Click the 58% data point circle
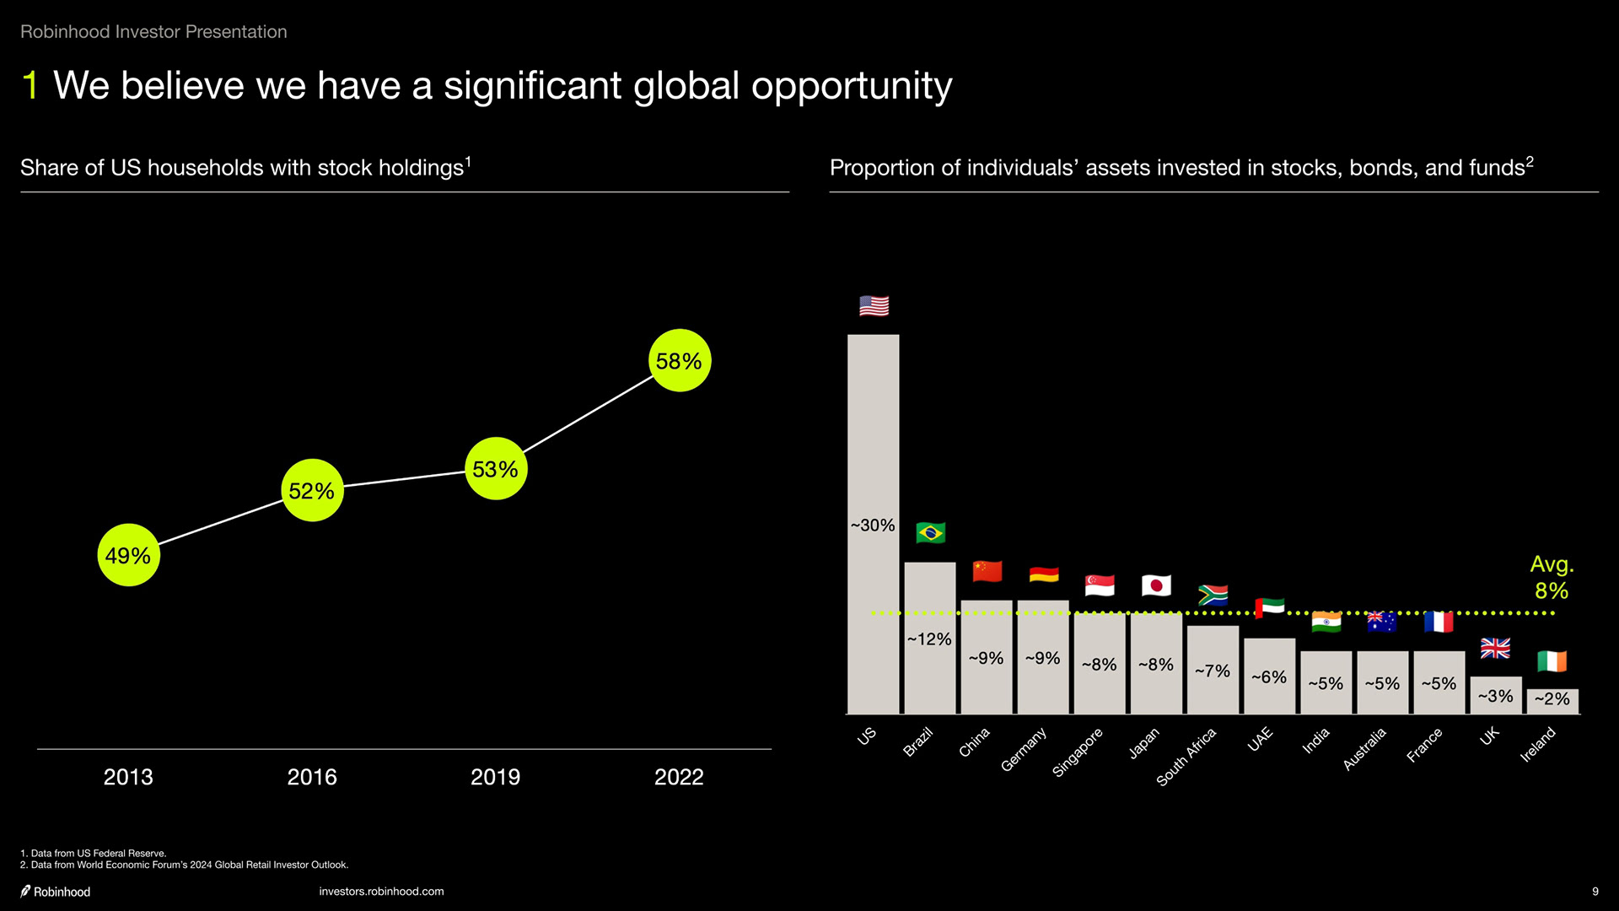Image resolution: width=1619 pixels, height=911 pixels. (680, 361)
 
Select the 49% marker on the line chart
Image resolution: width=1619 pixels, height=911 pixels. (128, 555)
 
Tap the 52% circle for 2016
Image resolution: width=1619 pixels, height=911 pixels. (312, 490)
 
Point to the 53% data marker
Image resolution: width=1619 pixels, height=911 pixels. (496, 469)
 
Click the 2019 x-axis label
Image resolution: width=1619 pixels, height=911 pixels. (495, 777)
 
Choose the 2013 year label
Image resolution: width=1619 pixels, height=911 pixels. (128, 777)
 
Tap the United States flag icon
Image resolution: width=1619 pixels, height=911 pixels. (874, 305)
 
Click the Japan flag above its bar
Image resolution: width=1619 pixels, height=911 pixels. (1156, 585)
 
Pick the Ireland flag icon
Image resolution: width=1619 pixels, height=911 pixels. (1552, 661)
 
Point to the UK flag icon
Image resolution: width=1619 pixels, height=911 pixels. (1495, 648)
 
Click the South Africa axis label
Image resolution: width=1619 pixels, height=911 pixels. (1186, 757)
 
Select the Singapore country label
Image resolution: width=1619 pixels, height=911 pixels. (1078, 752)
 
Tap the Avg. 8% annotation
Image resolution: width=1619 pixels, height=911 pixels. (1552, 577)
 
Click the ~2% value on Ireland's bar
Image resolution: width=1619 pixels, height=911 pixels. (1552, 699)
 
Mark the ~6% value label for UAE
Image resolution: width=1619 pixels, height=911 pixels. (1269, 677)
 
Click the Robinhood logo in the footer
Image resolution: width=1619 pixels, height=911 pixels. (56, 892)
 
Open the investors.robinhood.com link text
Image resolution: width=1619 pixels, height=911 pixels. (381, 892)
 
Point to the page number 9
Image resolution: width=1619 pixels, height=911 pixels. (1595, 892)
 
